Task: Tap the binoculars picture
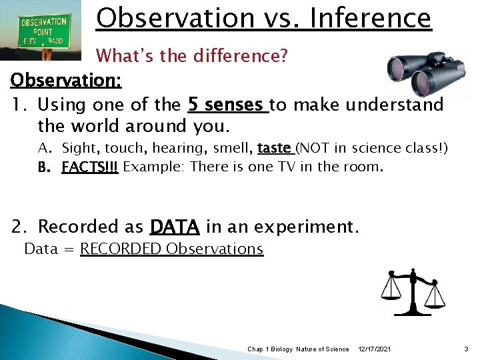pyautogui.click(x=427, y=75)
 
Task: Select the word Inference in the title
pyautogui.click(x=371, y=18)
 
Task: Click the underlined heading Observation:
pyautogui.click(x=66, y=80)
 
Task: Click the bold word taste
pyautogui.click(x=274, y=148)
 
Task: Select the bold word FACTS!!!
pyautogui.click(x=89, y=167)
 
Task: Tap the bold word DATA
pyautogui.click(x=175, y=227)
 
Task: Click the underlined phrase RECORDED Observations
pyautogui.click(x=171, y=249)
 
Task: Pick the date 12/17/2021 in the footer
pyautogui.click(x=375, y=349)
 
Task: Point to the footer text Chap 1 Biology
pyautogui.click(x=270, y=349)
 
